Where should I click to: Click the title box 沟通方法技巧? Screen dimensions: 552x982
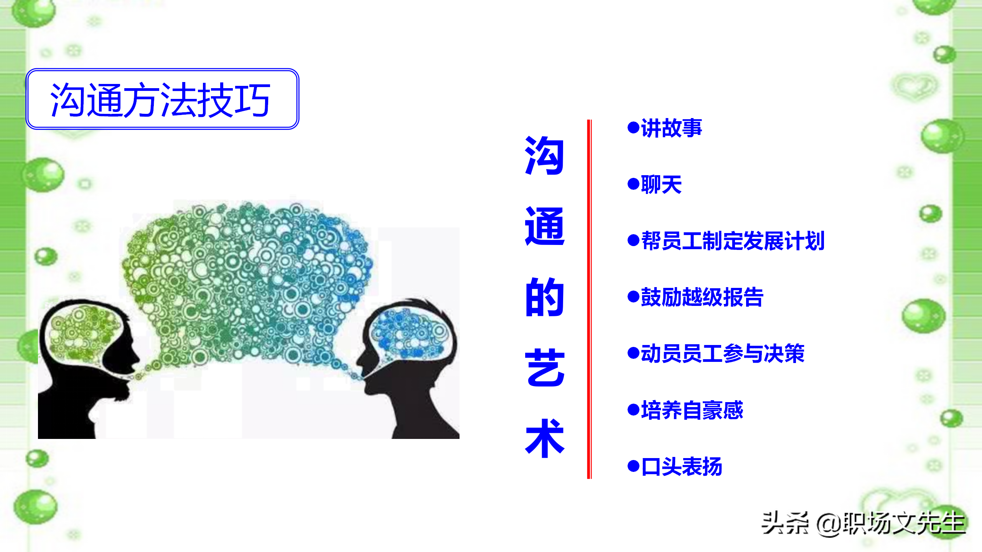pyautogui.click(x=162, y=99)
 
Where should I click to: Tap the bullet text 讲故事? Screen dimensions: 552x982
pyautogui.click(x=671, y=128)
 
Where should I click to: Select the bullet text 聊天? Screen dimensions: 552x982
pyautogui.click(x=661, y=184)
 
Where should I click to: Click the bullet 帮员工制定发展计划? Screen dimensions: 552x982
pyautogui.click(x=733, y=241)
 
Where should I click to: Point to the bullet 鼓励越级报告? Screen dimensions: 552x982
pyautogui.click(x=702, y=297)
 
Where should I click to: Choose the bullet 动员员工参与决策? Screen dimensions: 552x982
pyautogui.click(x=723, y=353)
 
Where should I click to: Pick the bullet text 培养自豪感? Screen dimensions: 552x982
pyautogui.click(x=692, y=410)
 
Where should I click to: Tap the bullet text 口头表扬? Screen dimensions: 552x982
pyautogui.click(x=682, y=467)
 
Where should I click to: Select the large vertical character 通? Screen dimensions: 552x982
pyautogui.click(x=545, y=226)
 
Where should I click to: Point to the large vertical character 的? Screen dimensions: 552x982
pyautogui.click(x=545, y=297)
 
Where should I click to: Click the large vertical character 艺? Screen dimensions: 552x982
pyautogui.click(x=545, y=368)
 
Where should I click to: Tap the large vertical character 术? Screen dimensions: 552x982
pyautogui.click(x=545, y=438)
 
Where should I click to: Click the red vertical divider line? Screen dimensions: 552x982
pyautogui.click(x=589, y=299)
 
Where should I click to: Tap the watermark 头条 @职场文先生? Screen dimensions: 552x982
pyautogui.click(x=863, y=523)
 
